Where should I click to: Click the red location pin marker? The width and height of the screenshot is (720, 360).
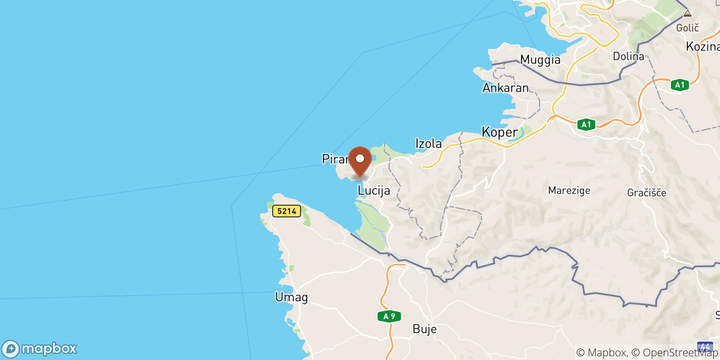point(360,160)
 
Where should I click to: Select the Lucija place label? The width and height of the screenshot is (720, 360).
point(373,191)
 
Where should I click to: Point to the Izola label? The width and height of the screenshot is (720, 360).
point(428,144)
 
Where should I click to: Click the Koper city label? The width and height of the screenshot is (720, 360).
point(499,132)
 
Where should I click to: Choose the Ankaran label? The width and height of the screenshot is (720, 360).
point(505,88)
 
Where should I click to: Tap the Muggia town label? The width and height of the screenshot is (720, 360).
point(540,60)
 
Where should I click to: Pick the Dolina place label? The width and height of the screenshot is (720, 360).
point(629,57)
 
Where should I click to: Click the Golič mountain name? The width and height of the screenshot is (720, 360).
point(687,28)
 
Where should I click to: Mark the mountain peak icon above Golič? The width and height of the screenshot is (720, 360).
point(687,13)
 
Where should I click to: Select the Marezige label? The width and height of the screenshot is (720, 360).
point(569,190)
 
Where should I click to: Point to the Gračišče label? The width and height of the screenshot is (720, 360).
point(647,193)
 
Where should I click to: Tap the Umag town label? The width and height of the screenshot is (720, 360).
point(292,297)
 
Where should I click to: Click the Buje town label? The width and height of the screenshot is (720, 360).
point(424,329)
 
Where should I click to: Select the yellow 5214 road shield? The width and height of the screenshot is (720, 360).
point(287,211)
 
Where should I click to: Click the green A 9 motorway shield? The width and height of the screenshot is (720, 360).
point(389,316)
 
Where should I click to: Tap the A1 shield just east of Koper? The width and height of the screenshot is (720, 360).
point(586,125)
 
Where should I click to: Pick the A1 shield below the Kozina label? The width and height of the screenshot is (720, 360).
point(679,85)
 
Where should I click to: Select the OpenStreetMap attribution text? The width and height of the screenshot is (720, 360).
point(680,352)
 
